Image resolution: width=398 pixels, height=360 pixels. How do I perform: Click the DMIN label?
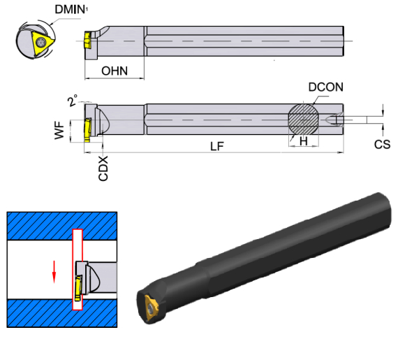(70, 10)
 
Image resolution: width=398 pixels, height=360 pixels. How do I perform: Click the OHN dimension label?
(115, 71)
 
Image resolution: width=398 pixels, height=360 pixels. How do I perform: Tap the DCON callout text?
(325, 87)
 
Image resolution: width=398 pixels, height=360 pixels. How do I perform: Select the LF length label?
(217, 146)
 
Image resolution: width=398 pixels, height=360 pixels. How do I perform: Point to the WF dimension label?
(59, 130)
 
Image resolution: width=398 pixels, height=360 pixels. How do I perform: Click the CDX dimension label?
(103, 168)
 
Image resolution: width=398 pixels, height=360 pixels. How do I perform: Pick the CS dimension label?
(382, 144)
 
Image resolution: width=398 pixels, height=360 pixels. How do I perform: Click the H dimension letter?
(304, 141)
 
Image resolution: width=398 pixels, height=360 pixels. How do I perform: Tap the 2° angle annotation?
(73, 101)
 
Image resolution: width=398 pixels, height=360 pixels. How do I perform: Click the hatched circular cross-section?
(304, 120)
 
